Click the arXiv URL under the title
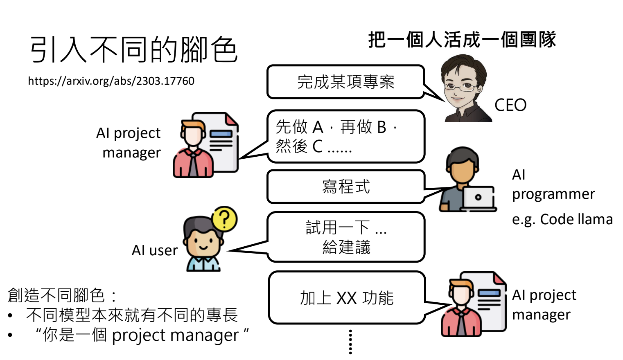[111, 81]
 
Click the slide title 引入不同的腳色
[133, 49]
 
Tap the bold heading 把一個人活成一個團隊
[462, 40]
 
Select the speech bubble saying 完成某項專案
[345, 82]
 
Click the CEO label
[510, 105]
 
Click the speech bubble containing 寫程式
[345, 187]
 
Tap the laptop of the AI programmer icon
[478, 198]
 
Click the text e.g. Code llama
[562, 219]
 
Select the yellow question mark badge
[224, 218]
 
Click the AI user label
[154, 250]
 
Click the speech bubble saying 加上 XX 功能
[346, 297]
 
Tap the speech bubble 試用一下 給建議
[345, 237]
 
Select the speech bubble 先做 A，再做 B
[345, 136]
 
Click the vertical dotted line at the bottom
[350, 342]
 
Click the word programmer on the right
[553, 194]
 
